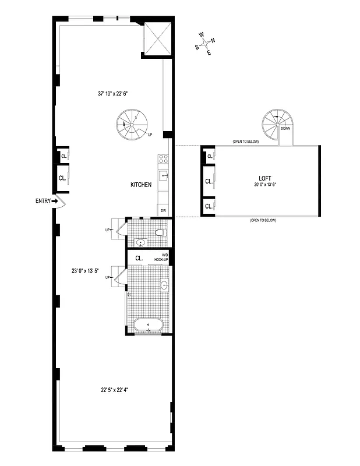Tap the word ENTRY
click(x=43, y=201)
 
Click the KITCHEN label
click(x=141, y=185)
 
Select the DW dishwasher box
click(x=163, y=210)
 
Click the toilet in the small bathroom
click(x=161, y=233)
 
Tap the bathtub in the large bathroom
click(x=149, y=324)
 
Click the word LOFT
click(x=266, y=178)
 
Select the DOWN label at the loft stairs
click(x=285, y=128)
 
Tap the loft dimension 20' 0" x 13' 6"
click(x=263, y=185)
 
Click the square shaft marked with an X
click(x=157, y=38)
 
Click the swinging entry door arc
click(x=63, y=202)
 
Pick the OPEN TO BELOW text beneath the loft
click(x=263, y=221)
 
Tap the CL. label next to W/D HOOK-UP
click(x=139, y=257)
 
